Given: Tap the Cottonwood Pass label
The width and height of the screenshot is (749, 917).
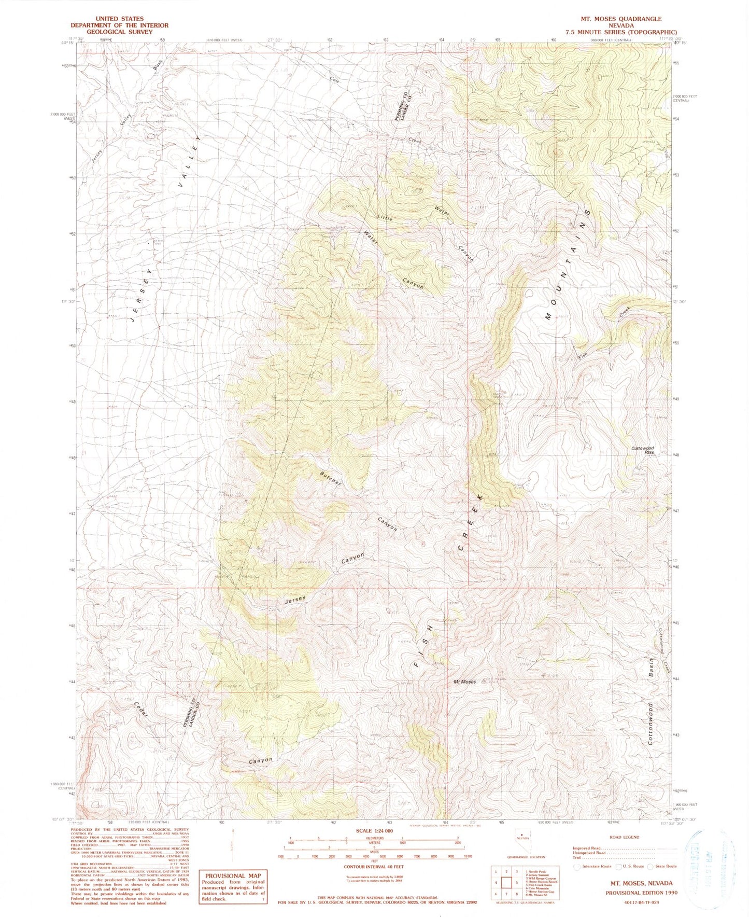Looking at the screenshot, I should pos(643,450).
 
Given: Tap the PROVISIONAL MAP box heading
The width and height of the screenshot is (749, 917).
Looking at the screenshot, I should pos(233,876).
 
